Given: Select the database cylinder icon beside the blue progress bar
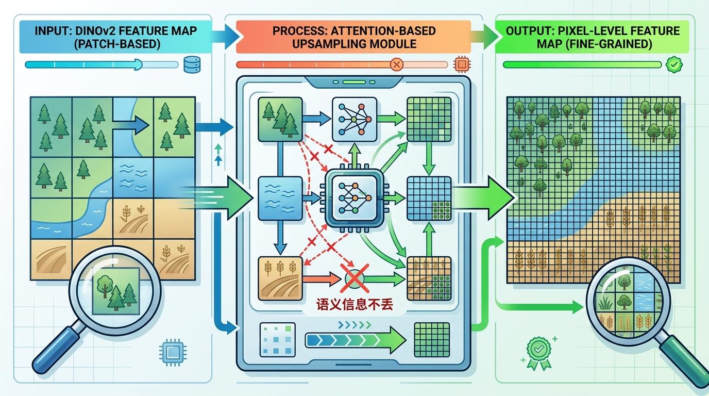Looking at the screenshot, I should tap(192, 65).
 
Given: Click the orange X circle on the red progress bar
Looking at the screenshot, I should tap(397, 65).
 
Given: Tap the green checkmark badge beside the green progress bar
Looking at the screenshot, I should tap(673, 65).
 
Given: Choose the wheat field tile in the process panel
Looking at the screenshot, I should tap(279, 278).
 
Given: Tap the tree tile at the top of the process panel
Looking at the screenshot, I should tap(279, 119).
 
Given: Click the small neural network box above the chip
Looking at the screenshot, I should tap(355, 119).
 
